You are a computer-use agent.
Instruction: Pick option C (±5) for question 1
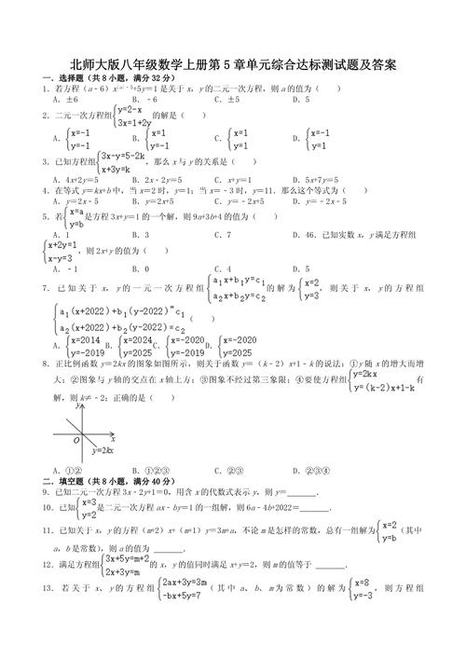[x=224, y=98]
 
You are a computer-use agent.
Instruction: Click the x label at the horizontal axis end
[x=113, y=435]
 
